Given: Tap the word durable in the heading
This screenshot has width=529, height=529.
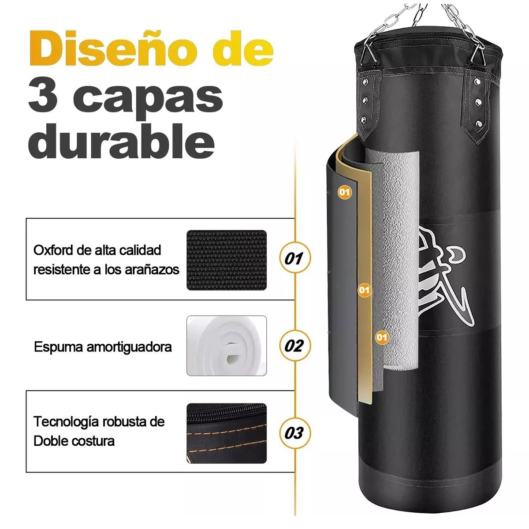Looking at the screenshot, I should click(121, 142).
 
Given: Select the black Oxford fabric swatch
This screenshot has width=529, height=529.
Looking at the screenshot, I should click(227, 260).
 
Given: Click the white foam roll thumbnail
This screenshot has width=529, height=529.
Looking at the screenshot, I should click(227, 346).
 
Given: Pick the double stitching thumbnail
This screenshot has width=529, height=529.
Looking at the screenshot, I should click(227, 433).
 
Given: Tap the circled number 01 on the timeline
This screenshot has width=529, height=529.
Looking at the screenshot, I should click(295, 258).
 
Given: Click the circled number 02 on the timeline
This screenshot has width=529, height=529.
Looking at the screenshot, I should click(295, 346).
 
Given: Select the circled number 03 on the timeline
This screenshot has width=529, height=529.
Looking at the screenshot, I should click(295, 433).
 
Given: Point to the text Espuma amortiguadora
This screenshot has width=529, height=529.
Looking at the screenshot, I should click(103, 347).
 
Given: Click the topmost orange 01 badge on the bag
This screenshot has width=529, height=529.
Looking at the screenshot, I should click(345, 192).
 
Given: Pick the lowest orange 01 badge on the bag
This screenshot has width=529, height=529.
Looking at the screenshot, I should click(382, 338).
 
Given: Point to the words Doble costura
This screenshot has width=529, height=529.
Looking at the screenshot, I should click(74, 441).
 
